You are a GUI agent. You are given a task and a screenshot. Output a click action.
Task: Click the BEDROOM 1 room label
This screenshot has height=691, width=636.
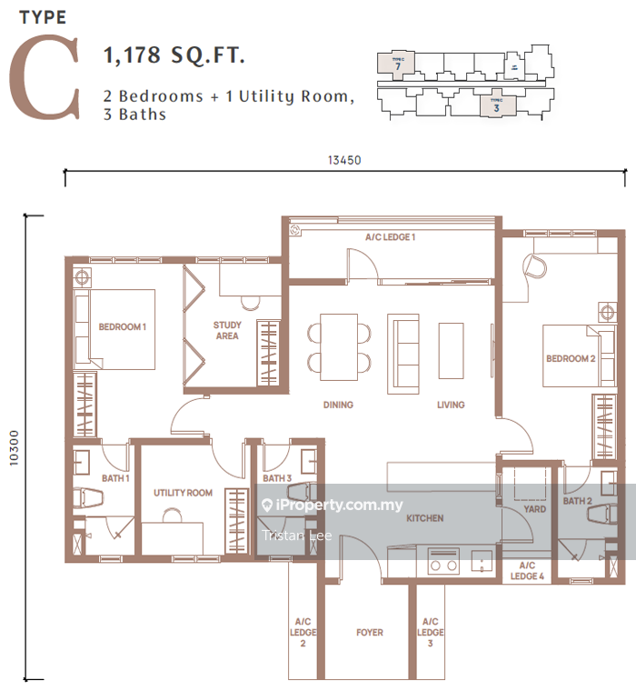(x=123, y=327)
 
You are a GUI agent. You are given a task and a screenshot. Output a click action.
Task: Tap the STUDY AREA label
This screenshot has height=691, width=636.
(x=226, y=331)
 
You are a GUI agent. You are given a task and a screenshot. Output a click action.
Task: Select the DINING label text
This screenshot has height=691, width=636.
(x=338, y=405)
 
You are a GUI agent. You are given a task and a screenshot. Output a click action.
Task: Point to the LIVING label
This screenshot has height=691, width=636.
(x=450, y=405)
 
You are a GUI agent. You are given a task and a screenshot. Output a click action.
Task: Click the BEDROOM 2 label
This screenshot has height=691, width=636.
(x=570, y=358)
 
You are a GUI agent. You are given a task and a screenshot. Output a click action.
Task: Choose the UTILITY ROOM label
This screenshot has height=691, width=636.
(x=183, y=493)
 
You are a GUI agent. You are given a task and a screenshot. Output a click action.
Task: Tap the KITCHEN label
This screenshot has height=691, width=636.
(x=424, y=518)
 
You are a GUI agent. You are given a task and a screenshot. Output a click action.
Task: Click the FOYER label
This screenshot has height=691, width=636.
(x=370, y=632)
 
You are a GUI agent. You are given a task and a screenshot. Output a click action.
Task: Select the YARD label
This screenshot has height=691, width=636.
(x=535, y=510)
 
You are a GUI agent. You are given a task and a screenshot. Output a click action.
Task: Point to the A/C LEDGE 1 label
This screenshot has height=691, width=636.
(x=390, y=237)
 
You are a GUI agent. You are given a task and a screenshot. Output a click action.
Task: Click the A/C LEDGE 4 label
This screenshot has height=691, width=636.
(x=526, y=571)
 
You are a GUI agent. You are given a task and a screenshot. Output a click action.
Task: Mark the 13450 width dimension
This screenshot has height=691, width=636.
(x=345, y=160)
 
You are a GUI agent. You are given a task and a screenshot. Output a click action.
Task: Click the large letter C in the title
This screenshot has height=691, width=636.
(x=45, y=80)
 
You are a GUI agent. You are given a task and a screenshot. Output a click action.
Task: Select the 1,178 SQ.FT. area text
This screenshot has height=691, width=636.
(x=176, y=56)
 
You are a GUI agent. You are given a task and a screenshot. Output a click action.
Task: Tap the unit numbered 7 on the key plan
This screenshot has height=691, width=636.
(x=397, y=64)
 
